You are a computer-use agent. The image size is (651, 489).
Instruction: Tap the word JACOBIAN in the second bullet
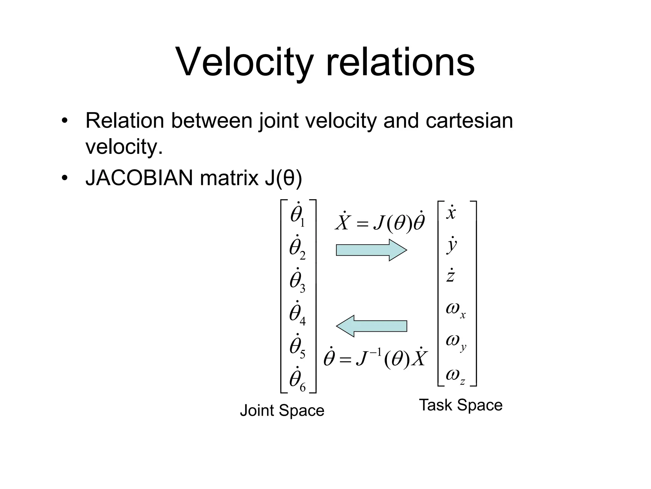click(139, 178)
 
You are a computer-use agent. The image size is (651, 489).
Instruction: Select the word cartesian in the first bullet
click(469, 121)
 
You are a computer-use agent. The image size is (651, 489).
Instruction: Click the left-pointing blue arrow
click(371, 326)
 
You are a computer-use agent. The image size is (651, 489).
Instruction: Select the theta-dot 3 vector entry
click(298, 281)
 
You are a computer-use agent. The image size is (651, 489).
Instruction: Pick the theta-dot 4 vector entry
click(298, 314)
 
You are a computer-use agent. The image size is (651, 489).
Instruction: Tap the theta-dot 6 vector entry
click(298, 380)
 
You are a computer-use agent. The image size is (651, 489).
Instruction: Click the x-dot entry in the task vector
click(451, 213)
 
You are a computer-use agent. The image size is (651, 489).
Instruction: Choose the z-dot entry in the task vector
click(450, 276)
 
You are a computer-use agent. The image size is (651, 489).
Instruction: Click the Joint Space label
click(282, 410)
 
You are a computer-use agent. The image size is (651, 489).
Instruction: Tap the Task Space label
click(461, 405)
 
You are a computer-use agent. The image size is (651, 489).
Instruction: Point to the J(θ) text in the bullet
click(283, 178)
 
